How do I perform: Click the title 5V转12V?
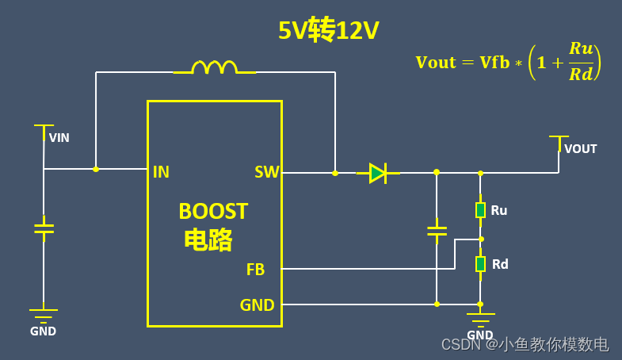click(x=328, y=31)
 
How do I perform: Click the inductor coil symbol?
click(x=215, y=67)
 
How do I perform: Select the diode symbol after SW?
click(x=378, y=173)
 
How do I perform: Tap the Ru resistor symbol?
click(x=480, y=209)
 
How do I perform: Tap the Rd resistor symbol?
click(x=480, y=263)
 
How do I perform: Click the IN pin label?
click(x=161, y=172)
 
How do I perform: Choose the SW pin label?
click(x=266, y=172)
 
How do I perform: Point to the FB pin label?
click(x=255, y=270)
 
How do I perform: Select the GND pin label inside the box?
click(x=257, y=304)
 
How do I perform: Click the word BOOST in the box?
click(x=213, y=212)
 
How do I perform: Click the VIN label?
click(x=59, y=138)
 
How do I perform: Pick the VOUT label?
click(x=581, y=149)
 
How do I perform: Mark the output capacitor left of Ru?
click(x=437, y=231)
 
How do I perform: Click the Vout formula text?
click(x=508, y=62)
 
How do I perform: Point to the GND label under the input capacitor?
click(x=44, y=331)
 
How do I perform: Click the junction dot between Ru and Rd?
click(x=481, y=238)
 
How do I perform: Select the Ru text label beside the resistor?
click(x=498, y=210)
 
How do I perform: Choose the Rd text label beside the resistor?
click(x=500, y=264)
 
